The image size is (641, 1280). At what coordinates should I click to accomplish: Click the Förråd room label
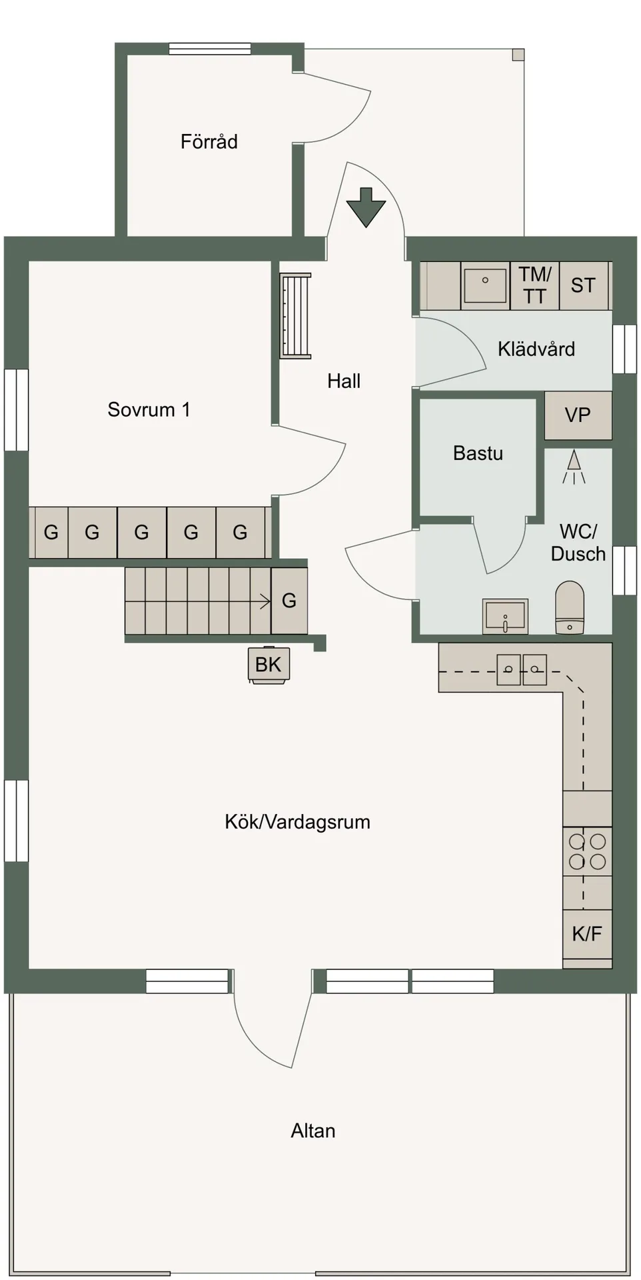209,141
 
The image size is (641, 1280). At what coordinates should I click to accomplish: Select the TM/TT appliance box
534,285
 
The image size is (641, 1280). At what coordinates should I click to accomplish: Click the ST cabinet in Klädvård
583,285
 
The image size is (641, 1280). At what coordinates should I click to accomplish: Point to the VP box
578,415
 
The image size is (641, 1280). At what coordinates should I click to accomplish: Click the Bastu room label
478,453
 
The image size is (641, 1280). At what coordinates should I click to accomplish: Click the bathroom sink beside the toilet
505,615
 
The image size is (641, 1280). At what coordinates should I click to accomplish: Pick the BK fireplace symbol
269,665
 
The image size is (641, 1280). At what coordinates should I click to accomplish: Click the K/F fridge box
587,933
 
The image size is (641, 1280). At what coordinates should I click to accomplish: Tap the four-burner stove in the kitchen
587,851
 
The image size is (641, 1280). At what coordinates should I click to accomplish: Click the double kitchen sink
522,669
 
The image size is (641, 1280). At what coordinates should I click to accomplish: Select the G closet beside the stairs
289,601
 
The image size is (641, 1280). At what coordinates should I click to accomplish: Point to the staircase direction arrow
263,601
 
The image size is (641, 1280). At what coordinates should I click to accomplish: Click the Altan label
313,1131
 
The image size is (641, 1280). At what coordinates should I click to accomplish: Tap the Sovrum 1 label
149,409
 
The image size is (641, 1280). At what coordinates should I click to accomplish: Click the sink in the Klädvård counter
485,285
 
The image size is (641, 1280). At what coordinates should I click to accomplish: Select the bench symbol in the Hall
295,315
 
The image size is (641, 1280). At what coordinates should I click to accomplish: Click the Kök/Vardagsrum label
297,822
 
